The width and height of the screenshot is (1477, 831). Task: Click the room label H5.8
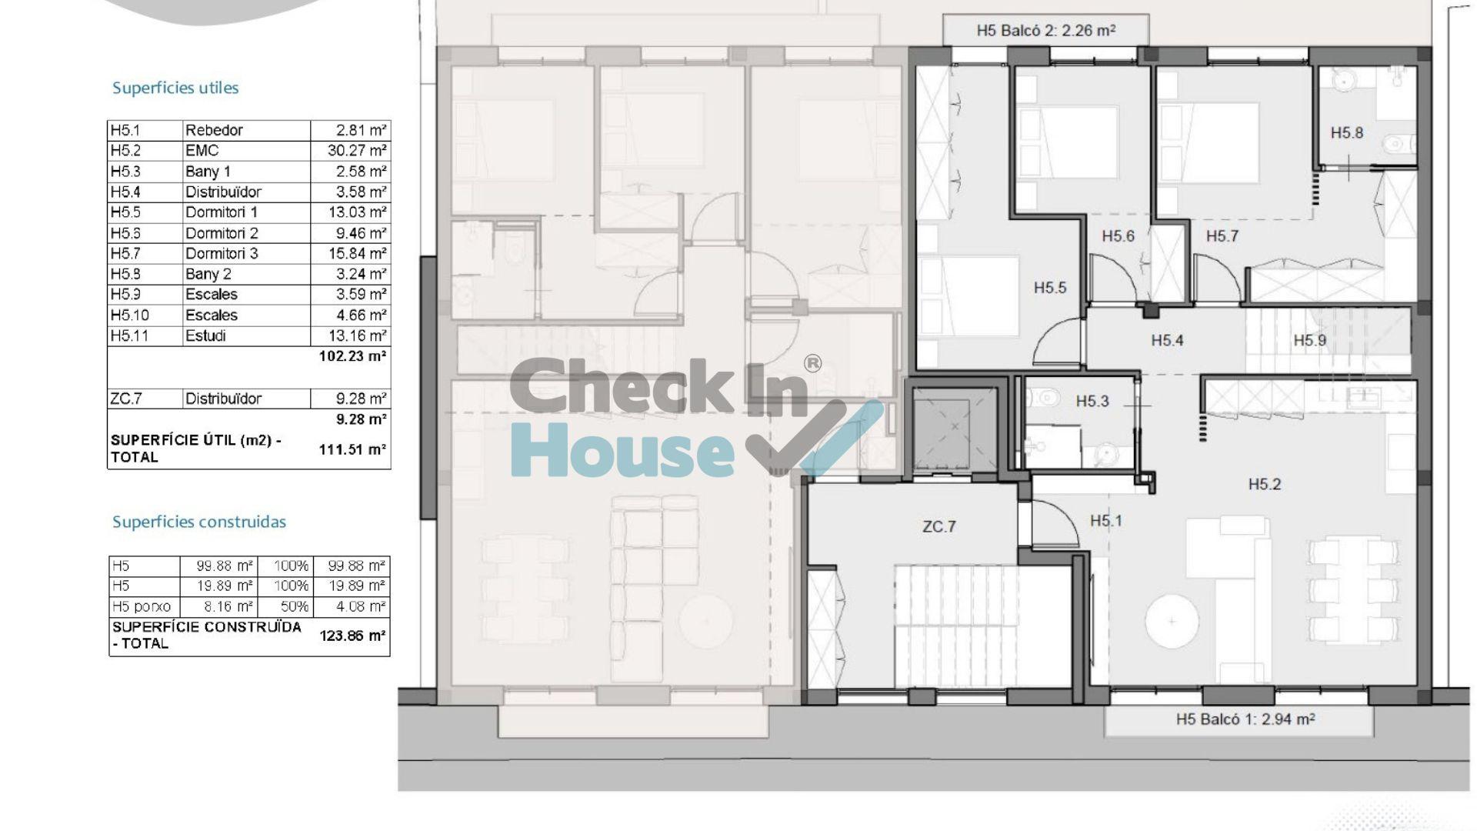click(1346, 133)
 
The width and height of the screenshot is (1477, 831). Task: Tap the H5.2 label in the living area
click(1264, 484)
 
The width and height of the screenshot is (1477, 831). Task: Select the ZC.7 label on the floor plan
click(939, 527)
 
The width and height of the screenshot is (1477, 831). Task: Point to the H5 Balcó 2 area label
click(1045, 31)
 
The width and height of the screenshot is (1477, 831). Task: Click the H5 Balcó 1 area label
click(1245, 719)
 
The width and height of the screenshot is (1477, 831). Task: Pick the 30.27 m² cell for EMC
click(357, 151)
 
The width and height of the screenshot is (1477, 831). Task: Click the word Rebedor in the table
click(214, 130)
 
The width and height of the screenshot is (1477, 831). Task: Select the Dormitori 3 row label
click(222, 253)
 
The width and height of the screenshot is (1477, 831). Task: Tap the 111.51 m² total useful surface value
click(352, 449)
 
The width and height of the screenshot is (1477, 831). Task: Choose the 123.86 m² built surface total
click(352, 636)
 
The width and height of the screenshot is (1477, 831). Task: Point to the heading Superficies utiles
click(175, 88)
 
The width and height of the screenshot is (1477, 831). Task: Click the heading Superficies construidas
click(199, 522)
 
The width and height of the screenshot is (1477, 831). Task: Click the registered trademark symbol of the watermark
click(812, 363)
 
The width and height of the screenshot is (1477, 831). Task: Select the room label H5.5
click(1050, 288)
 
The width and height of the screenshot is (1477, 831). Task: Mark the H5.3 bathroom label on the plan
click(1092, 401)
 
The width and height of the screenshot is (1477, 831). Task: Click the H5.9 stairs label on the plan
click(1309, 340)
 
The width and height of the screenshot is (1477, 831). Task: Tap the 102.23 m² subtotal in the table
click(352, 356)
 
